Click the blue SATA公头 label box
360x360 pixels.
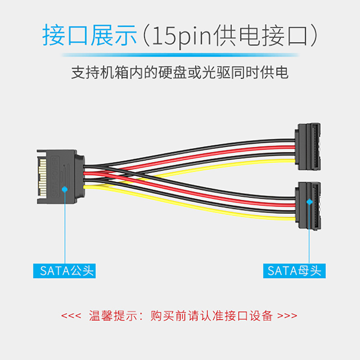click(x=64, y=271)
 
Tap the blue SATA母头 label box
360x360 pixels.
click(x=294, y=271)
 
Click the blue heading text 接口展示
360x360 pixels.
click(x=90, y=35)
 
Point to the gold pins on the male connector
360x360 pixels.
click(x=43, y=177)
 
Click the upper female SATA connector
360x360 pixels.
click(x=308, y=147)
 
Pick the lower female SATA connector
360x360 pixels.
click(x=308, y=206)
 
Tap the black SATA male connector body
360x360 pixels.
click(x=61, y=176)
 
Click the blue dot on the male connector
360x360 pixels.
click(x=65, y=189)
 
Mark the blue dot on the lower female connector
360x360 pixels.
click(x=310, y=202)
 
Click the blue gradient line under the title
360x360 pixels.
click(x=180, y=55)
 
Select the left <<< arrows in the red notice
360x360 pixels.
click(x=71, y=316)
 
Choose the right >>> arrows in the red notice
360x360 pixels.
click(x=287, y=316)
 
